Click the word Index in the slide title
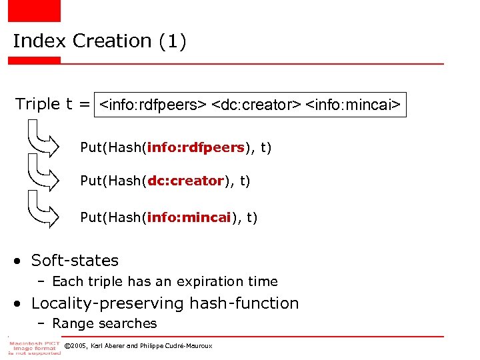39,41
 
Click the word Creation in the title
112,41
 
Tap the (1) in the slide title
172,41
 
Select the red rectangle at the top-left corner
33,10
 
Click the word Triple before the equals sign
37,104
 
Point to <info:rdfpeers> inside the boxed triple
152,105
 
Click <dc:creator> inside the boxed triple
256,105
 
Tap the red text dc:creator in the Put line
185,181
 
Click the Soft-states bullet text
75,261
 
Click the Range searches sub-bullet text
105,324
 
